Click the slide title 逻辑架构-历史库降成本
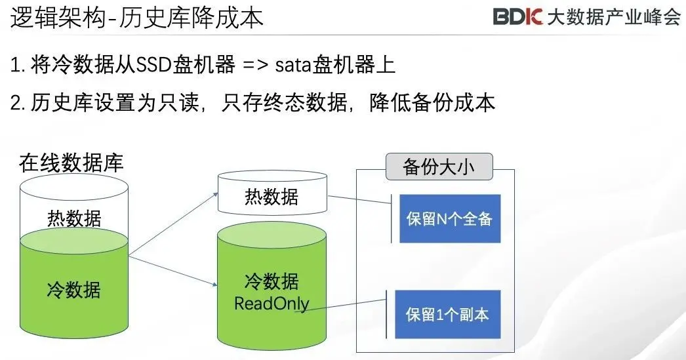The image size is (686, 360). pyautogui.click(x=137, y=18)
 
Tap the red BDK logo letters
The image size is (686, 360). pyautogui.click(x=517, y=18)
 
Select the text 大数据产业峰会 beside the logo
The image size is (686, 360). pyautogui.click(x=613, y=18)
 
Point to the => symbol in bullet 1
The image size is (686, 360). pyautogui.click(x=255, y=66)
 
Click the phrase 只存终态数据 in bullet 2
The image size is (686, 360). pyautogui.click(x=276, y=104)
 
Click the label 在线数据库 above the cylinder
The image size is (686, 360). pyautogui.click(x=71, y=163)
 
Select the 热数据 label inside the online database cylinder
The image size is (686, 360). pyautogui.click(x=74, y=217)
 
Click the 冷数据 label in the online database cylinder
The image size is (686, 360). pyautogui.click(x=74, y=289)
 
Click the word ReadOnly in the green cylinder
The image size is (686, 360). pyautogui.click(x=272, y=304)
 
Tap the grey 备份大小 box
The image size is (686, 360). pyautogui.click(x=438, y=167)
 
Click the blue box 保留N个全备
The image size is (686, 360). pyautogui.click(x=449, y=219)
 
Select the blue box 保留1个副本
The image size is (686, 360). pyautogui.click(x=449, y=314)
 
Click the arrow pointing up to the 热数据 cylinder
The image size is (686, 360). pyautogui.click(x=173, y=223)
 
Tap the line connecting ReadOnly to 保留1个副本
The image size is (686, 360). pyautogui.click(x=348, y=308)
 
